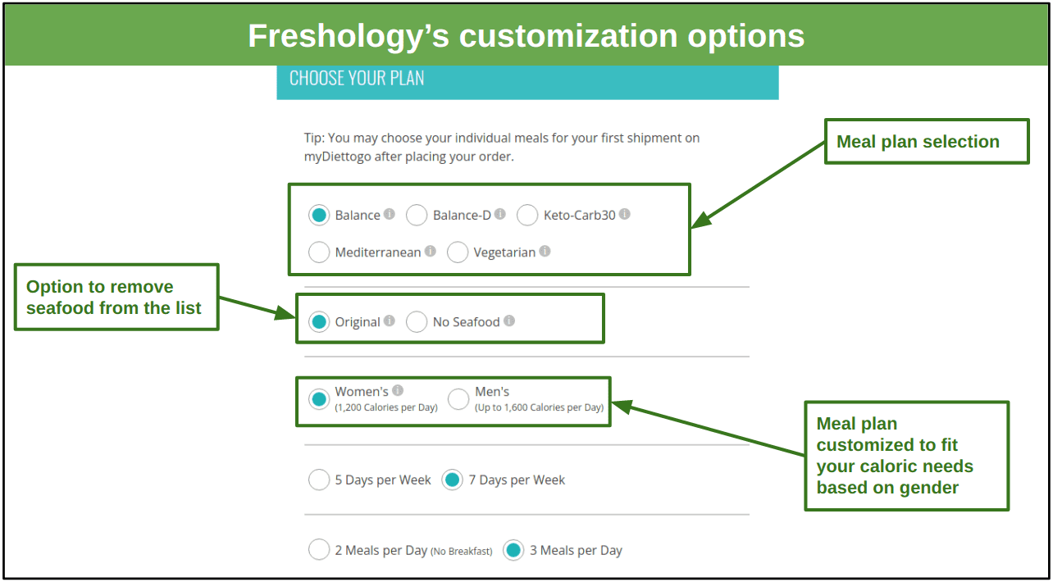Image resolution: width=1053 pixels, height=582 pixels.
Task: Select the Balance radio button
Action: click(319, 215)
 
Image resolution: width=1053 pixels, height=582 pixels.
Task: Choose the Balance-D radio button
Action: click(417, 215)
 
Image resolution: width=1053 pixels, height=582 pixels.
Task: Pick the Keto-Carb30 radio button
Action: click(527, 215)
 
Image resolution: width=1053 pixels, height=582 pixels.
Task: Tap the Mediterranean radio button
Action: click(319, 252)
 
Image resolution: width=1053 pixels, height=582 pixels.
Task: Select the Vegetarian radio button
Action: click(458, 252)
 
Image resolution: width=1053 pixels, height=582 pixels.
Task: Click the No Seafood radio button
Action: click(417, 322)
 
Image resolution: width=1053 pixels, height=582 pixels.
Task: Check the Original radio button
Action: click(319, 322)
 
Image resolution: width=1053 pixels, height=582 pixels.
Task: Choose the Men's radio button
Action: click(458, 399)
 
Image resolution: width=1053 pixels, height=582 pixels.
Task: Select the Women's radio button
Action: click(319, 399)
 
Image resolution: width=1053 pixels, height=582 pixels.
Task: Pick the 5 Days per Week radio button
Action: click(319, 480)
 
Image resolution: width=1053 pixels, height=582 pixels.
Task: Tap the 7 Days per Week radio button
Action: click(452, 480)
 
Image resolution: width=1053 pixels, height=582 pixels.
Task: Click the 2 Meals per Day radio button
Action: click(319, 549)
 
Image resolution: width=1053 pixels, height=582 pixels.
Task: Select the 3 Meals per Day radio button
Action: click(513, 549)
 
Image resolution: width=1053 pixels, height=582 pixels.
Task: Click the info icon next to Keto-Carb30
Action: click(624, 214)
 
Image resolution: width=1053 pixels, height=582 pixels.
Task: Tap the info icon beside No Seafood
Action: click(509, 321)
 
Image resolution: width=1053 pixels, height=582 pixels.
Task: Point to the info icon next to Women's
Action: click(398, 390)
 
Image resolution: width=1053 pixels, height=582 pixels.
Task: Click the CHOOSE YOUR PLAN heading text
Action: click(357, 78)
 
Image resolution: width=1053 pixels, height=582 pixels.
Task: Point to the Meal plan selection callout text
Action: click(918, 141)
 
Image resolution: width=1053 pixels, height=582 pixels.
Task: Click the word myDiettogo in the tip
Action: click(338, 157)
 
